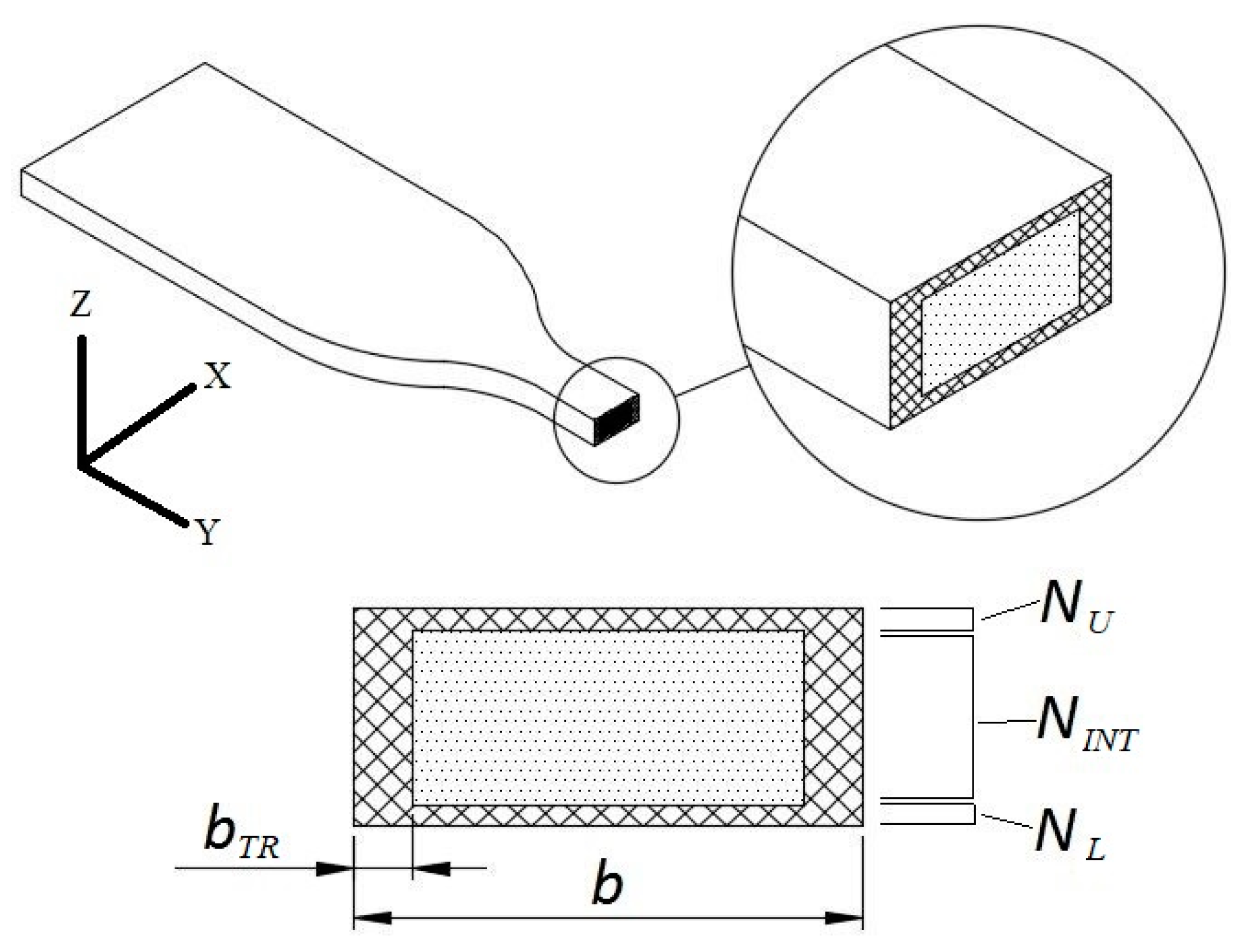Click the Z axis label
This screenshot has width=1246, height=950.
[x=81, y=305]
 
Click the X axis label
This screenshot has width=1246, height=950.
[x=217, y=376]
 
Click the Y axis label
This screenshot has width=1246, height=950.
[x=206, y=532]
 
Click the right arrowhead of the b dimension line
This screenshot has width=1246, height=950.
[x=844, y=918]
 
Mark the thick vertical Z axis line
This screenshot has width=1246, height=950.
[x=82, y=401]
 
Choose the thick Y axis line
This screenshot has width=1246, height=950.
[x=133, y=495]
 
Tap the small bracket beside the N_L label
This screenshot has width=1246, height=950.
[x=973, y=814]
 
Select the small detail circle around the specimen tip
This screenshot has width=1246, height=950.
[x=555, y=420]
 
